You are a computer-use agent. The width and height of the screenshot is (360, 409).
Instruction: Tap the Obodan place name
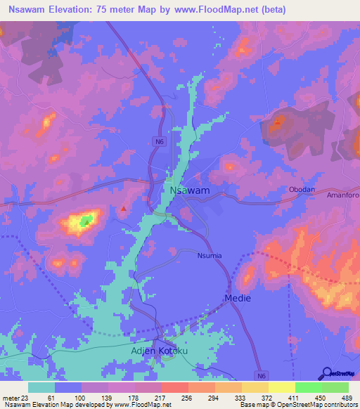point(303,190)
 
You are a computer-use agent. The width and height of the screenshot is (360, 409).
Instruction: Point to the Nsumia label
point(209,256)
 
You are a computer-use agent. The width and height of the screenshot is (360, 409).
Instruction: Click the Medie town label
point(238,299)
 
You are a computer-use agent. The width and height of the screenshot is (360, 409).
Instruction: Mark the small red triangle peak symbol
point(124,208)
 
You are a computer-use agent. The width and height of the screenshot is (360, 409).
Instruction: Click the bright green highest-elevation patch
point(86,221)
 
